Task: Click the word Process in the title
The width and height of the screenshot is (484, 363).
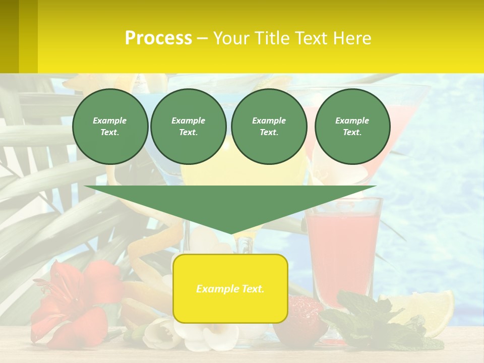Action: coord(158,38)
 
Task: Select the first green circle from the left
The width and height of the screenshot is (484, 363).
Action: coord(110,127)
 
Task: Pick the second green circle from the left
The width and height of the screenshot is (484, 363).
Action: coord(189,127)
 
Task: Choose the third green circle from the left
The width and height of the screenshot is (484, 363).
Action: coord(269,127)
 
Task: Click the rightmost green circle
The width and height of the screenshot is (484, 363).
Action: coord(352,127)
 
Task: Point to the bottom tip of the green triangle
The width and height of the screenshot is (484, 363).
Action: coord(231,233)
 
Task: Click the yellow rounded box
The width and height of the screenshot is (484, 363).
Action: coord(230,288)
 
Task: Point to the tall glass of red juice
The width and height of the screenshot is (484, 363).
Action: coord(343,247)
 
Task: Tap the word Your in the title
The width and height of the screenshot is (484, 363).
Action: coord(231,38)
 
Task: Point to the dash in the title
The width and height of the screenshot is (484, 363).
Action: coord(202,38)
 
